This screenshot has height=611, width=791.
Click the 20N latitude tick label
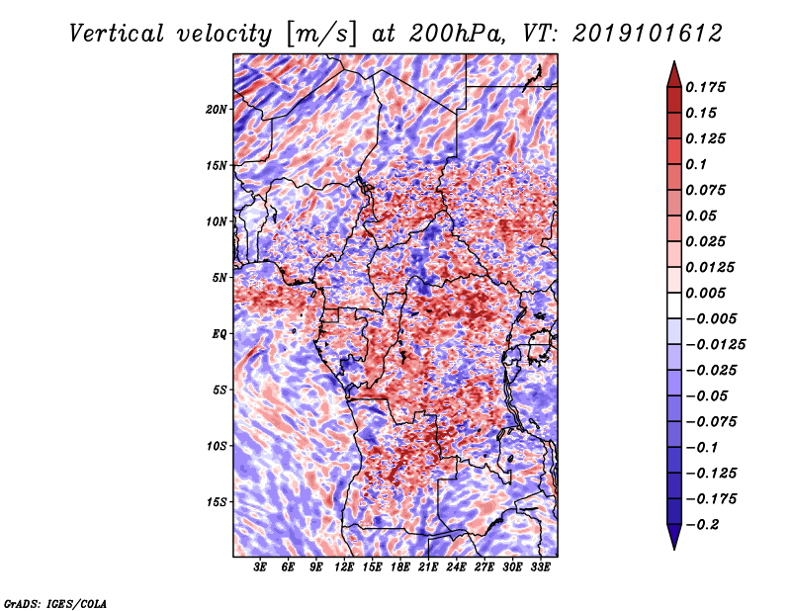point(217,109)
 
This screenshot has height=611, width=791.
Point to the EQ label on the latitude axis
point(219,333)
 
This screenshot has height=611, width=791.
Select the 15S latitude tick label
point(217,501)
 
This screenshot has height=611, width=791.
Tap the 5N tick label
point(219,278)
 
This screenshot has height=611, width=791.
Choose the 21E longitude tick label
point(428,567)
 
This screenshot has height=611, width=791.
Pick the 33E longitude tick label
point(540,567)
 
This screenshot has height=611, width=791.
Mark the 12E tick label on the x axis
point(344,567)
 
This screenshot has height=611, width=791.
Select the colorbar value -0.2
point(706,524)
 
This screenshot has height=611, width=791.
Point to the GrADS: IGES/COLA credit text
point(54,601)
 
